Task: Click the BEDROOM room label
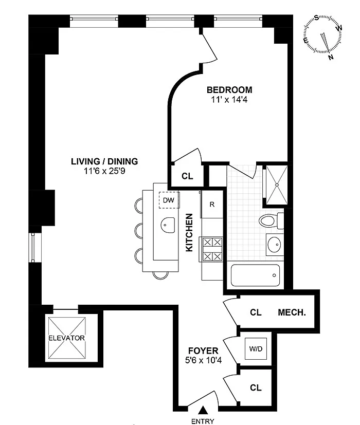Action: pyautogui.click(x=229, y=90)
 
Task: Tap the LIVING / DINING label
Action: pyautogui.click(x=104, y=161)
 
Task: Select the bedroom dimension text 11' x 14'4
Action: pyautogui.click(x=229, y=100)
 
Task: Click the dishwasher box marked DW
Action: pyautogui.click(x=169, y=200)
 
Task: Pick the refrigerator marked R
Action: pyautogui.click(x=212, y=205)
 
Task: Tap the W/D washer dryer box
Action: pyautogui.click(x=256, y=348)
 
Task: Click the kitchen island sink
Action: pyautogui.click(x=168, y=225)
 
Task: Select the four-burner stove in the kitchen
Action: pyautogui.click(x=212, y=249)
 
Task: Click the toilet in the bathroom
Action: pyautogui.click(x=271, y=220)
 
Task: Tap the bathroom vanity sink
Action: pyautogui.click(x=274, y=244)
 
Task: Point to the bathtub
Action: pyautogui.click(x=255, y=275)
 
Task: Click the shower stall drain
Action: pyautogui.click(x=277, y=185)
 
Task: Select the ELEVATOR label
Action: pyautogui.click(x=66, y=338)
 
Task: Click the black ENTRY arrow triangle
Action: pyautogui.click(x=203, y=411)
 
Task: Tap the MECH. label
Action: pyautogui.click(x=292, y=312)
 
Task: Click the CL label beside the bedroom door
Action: pyautogui.click(x=187, y=176)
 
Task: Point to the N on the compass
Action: pyautogui.click(x=331, y=57)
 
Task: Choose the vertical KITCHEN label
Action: pyautogui.click(x=189, y=233)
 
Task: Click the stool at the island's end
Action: pyautogui.click(x=160, y=275)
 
